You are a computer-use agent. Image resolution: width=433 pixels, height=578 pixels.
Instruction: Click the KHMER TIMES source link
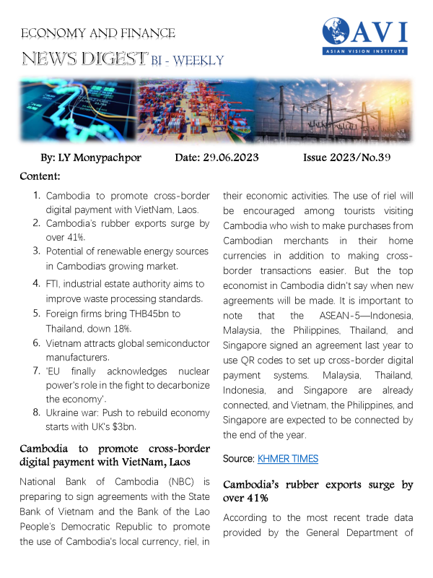coord(289,459)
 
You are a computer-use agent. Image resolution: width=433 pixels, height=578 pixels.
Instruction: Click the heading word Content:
coord(40,176)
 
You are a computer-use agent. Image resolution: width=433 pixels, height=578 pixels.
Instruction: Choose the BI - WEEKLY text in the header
coord(188,60)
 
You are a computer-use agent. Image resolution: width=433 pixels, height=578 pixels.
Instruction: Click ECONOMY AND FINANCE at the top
coord(98,33)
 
